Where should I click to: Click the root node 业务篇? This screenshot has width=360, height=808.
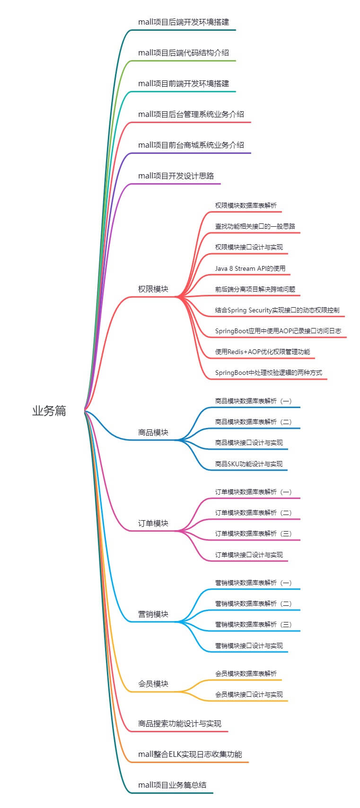49,411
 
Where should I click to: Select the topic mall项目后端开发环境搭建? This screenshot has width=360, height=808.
184,22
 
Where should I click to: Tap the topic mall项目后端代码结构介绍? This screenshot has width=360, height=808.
184,53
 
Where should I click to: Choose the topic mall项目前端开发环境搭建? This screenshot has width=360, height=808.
184,83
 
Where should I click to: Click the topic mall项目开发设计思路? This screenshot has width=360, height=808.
176,176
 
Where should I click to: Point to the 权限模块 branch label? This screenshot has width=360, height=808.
153,289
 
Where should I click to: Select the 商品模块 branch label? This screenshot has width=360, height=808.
153,432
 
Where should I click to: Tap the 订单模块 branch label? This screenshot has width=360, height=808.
153,523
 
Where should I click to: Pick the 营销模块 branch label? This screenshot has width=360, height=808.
153,614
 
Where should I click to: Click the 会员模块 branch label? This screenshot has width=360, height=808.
153,684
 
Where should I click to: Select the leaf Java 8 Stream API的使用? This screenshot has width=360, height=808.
250,268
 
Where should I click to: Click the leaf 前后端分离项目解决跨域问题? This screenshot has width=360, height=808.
255,289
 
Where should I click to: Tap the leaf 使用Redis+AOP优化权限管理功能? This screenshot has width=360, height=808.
263,352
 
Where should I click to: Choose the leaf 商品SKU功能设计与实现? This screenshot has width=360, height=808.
249,464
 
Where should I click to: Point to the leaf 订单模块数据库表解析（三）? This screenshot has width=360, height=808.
254,533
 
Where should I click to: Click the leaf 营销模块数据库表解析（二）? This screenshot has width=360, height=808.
254,604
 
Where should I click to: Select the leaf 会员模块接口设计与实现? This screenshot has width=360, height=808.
249,694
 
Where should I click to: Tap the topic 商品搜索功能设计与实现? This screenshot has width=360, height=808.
180,723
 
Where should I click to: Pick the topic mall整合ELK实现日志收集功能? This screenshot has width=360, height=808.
190,754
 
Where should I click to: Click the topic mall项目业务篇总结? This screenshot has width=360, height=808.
172,785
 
